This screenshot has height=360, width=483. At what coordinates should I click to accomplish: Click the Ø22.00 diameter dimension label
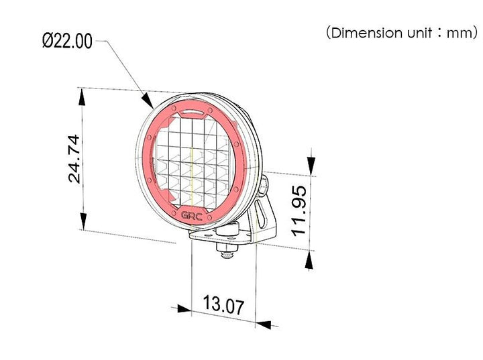pyautogui.click(x=67, y=41)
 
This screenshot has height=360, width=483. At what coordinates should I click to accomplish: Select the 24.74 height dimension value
pyautogui.click(x=74, y=159)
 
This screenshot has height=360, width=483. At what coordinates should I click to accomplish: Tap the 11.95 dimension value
pyautogui.click(x=299, y=211)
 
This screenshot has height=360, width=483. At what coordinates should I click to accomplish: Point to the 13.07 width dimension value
pyautogui.click(x=223, y=304)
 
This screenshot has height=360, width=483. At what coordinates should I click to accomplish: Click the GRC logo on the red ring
pyautogui.click(x=192, y=216)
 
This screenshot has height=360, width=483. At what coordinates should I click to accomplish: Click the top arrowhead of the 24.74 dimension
pyautogui.click(x=82, y=97)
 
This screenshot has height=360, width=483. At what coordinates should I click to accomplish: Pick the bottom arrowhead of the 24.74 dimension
pyautogui.click(x=83, y=221)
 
